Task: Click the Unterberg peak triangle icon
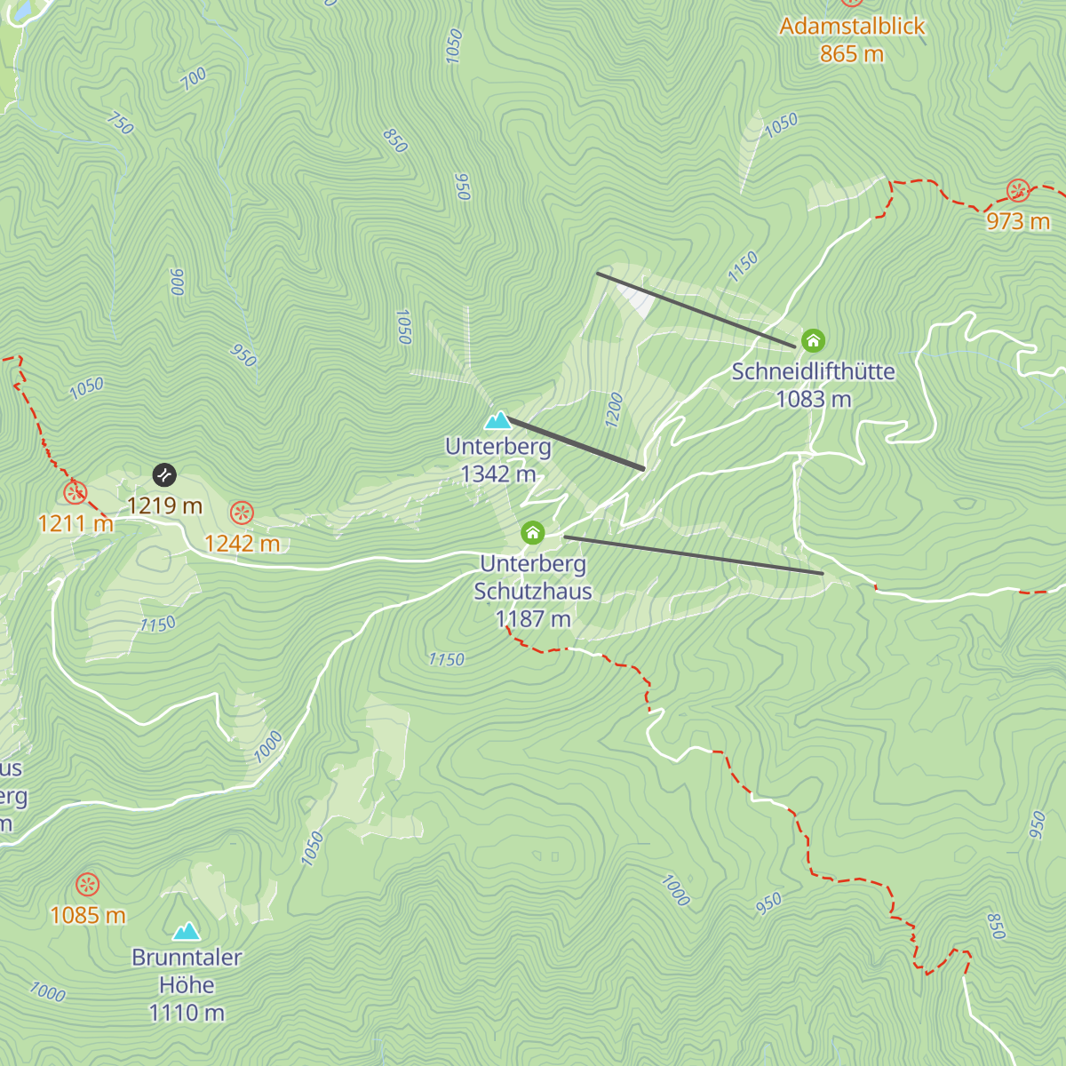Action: click(x=497, y=420)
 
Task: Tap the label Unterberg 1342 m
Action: click(x=498, y=460)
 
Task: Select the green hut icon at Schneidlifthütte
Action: click(x=813, y=340)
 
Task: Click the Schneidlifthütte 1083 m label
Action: click(x=813, y=385)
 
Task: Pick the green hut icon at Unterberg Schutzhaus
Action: click(x=532, y=532)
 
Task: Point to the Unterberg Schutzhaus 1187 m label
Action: click(x=533, y=591)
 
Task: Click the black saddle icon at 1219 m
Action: click(x=164, y=475)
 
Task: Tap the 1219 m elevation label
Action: click(x=165, y=505)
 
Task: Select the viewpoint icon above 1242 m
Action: click(x=242, y=513)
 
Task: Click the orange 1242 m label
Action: click(x=242, y=543)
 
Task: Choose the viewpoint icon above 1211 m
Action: click(x=76, y=492)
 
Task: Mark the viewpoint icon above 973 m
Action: click(x=1018, y=190)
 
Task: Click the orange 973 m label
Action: click(x=1018, y=220)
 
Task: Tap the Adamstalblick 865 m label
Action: click(x=852, y=40)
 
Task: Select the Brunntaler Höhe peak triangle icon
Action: click(x=187, y=930)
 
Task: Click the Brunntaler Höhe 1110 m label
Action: click(x=187, y=984)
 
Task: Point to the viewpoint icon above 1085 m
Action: click(x=87, y=885)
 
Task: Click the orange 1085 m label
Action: click(x=88, y=915)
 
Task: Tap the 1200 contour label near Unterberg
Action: click(x=614, y=410)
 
